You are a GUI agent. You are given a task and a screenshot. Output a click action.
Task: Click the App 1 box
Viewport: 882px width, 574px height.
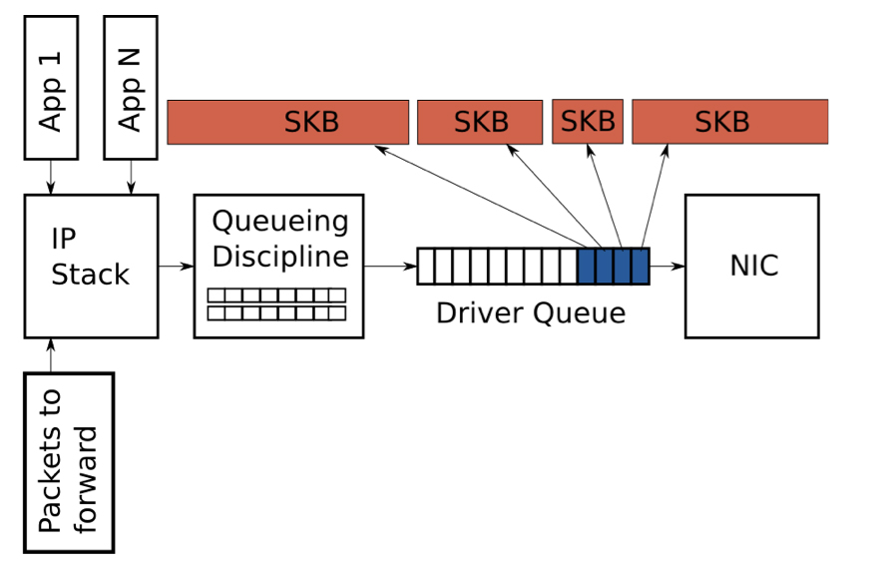[x=50, y=87]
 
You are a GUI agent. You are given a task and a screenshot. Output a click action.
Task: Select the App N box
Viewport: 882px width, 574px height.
[x=131, y=87]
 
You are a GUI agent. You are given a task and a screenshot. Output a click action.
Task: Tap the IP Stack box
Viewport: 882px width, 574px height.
[x=91, y=266]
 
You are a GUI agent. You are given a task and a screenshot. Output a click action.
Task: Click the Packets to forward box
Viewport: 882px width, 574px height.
[x=69, y=462]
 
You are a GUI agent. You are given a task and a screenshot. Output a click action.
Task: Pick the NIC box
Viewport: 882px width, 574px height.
[x=753, y=266]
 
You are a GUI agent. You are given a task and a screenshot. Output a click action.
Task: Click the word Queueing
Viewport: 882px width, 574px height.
[x=280, y=221]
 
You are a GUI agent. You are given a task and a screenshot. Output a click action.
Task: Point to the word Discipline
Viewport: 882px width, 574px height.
[x=280, y=255]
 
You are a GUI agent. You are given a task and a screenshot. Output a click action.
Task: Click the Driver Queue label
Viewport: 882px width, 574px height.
[x=531, y=312]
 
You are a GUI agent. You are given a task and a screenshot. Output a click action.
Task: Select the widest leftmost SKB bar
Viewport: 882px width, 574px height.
[x=287, y=122]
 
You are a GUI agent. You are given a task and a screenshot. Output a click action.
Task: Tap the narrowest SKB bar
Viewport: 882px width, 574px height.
[x=588, y=122]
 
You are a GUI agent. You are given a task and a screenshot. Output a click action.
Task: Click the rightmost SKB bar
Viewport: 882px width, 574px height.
[x=729, y=122]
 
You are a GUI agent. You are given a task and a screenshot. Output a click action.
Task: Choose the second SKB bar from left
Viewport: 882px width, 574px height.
[x=479, y=122]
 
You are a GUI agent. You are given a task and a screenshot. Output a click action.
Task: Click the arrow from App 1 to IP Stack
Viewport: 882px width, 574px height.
[x=50, y=177]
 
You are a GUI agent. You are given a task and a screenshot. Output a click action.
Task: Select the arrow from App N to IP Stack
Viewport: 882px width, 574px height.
[x=131, y=177]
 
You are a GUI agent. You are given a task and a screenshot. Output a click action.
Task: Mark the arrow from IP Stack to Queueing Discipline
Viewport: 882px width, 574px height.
[x=176, y=267]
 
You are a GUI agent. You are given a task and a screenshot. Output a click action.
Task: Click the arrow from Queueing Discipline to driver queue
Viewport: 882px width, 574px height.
[x=390, y=267]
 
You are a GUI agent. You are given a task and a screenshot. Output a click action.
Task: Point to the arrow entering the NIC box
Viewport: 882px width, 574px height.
[x=666, y=267]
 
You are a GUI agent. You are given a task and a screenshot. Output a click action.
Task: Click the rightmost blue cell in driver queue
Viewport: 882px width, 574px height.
[x=640, y=267]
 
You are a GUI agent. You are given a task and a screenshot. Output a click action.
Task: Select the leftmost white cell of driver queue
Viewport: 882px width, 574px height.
[x=426, y=267]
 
